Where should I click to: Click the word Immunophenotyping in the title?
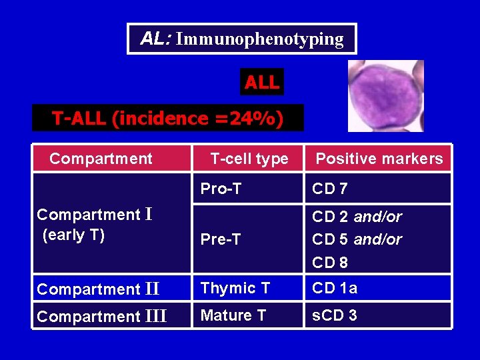[260, 39]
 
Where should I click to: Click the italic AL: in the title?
[156, 39]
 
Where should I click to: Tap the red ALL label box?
[262, 83]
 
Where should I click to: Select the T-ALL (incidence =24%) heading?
[167, 119]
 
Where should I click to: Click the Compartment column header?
[101, 159]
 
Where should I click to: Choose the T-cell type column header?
[249, 159]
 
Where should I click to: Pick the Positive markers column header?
[379, 159]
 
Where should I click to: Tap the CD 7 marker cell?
[330, 189]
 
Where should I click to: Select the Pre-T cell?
[221, 239]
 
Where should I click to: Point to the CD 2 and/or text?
[357, 217]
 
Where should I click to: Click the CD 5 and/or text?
[357, 239]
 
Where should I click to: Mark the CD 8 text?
[330, 263]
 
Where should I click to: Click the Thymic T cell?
[235, 288]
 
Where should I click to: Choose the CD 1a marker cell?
[335, 288]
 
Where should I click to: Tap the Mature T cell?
[233, 315]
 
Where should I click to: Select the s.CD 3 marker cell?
[335, 315]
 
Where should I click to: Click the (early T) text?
[73, 235]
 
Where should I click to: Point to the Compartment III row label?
[102, 317]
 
